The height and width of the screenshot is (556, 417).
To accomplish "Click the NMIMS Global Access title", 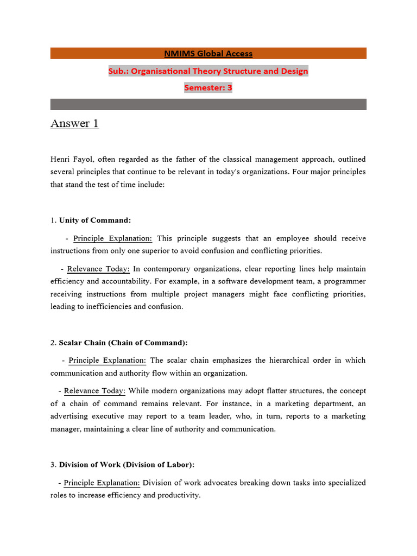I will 208,53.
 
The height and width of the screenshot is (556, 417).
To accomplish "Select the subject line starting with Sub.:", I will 208,71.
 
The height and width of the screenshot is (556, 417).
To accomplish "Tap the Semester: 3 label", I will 208,87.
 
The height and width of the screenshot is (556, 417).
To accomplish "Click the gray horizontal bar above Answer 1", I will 208,104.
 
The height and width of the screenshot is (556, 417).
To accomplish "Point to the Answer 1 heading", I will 74,124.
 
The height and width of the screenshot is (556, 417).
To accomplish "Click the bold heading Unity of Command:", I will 95,220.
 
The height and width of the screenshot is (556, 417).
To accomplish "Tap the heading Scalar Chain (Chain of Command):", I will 123,343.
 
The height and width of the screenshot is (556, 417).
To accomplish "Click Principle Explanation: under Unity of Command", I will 113,238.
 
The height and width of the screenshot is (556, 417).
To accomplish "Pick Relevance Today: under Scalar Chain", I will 94,391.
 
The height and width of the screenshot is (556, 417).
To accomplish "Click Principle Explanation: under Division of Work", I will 102,483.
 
